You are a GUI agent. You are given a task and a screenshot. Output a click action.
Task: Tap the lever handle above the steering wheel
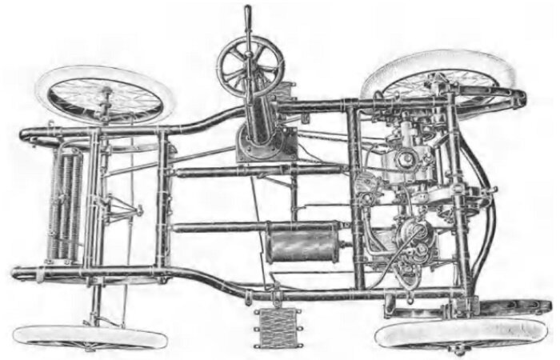tap(248, 18)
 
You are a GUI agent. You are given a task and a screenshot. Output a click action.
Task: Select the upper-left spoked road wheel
tap(106, 95)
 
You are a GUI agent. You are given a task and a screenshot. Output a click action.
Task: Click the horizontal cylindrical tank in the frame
tap(303, 243)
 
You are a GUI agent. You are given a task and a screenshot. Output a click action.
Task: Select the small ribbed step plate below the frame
tap(277, 326)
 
